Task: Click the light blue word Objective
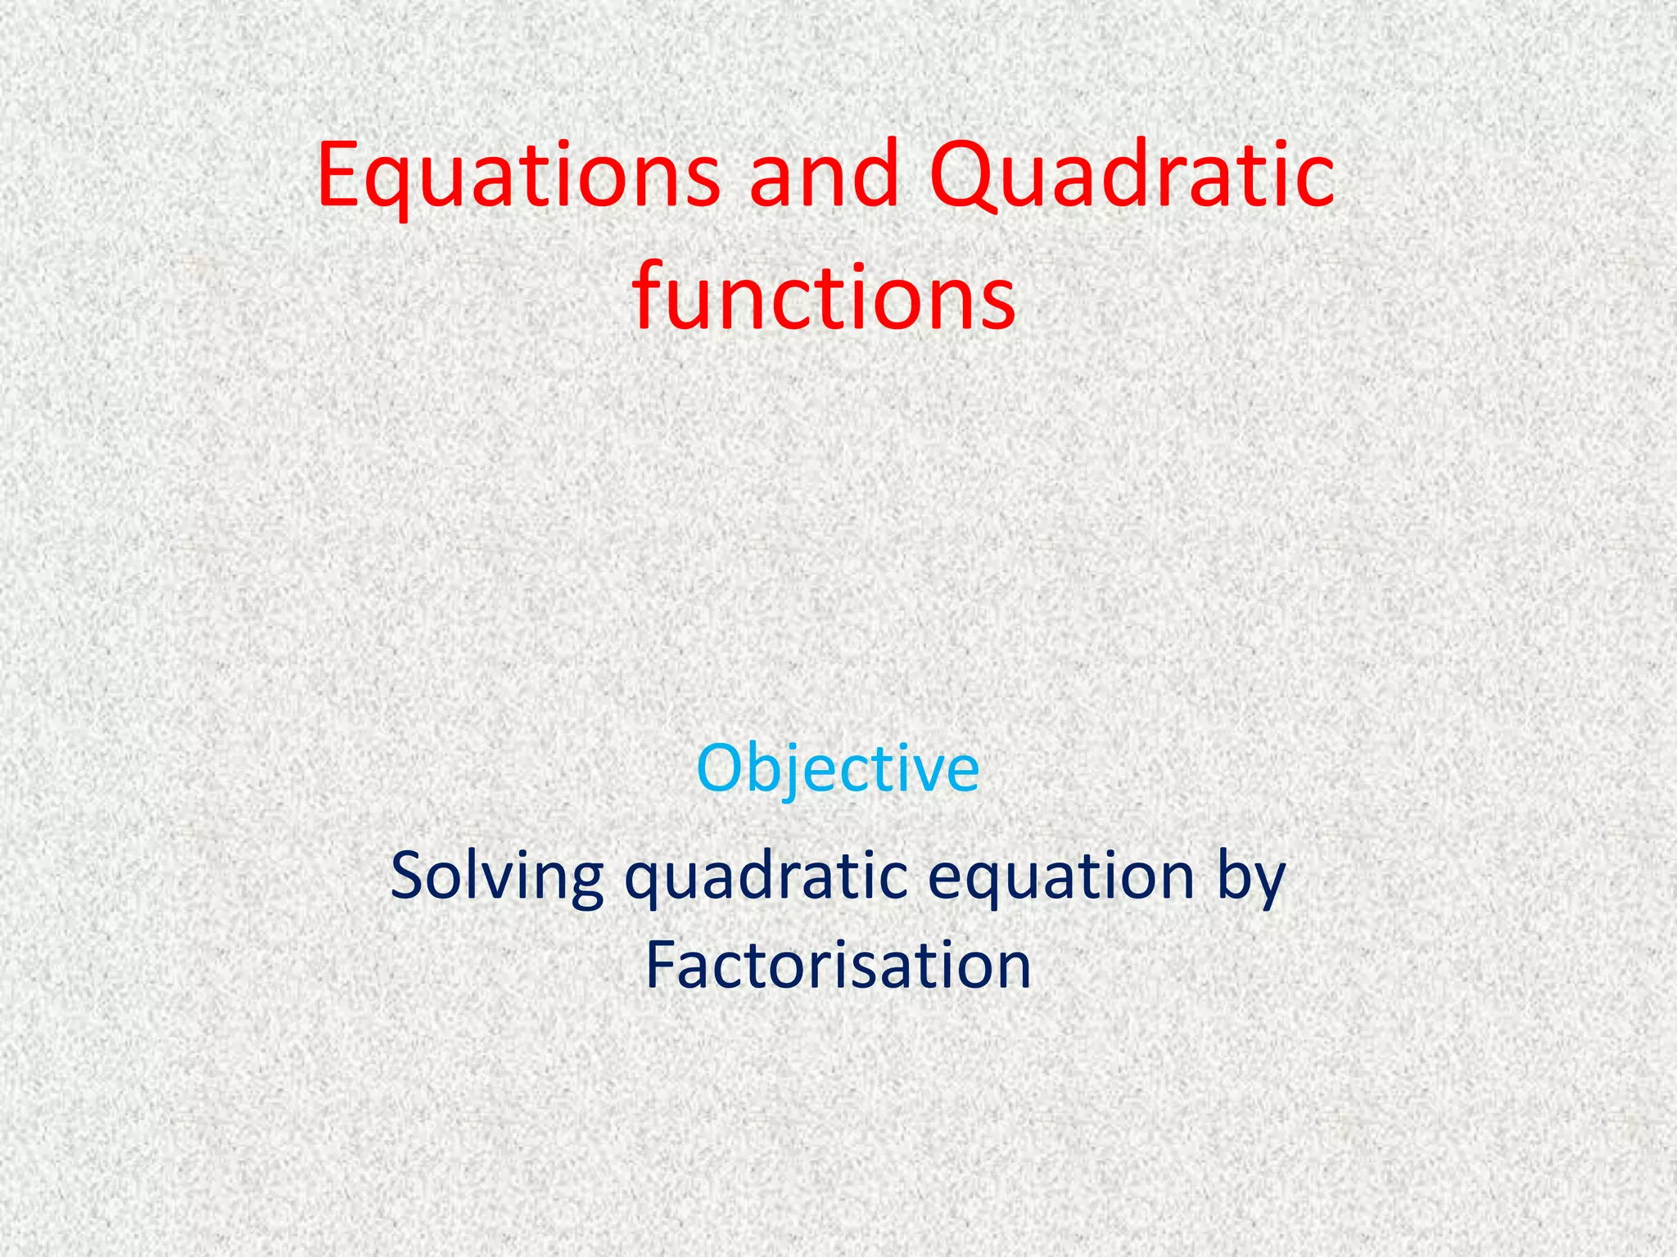pyautogui.click(x=838, y=769)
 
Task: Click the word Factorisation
pyautogui.click(x=838, y=966)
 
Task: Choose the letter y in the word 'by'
pyautogui.click(x=1269, y=885)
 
